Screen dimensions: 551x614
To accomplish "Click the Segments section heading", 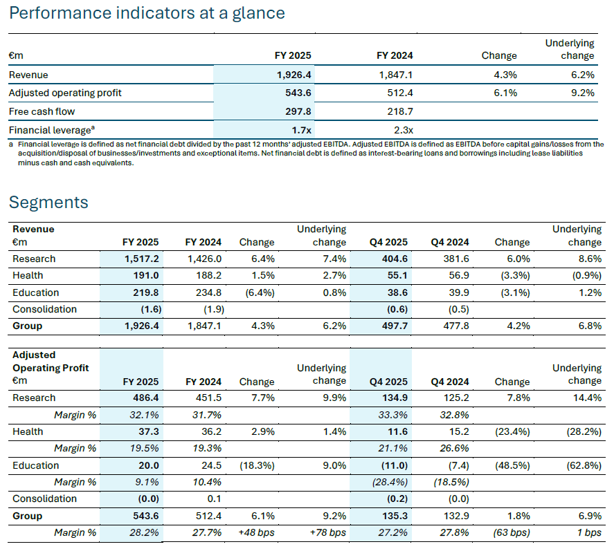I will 48,202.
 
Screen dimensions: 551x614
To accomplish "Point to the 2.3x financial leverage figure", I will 403,129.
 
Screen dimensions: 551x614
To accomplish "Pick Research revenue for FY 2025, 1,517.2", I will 141,259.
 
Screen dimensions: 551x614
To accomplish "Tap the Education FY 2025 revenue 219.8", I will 145,292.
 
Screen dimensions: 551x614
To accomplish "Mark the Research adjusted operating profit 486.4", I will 145,398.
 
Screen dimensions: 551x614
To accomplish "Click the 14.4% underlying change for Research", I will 587,398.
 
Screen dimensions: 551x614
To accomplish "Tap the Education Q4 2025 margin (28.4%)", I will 390,482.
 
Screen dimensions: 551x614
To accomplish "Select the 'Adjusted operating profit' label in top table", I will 65,93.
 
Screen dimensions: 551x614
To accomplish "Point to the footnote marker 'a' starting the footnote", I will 11,144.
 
